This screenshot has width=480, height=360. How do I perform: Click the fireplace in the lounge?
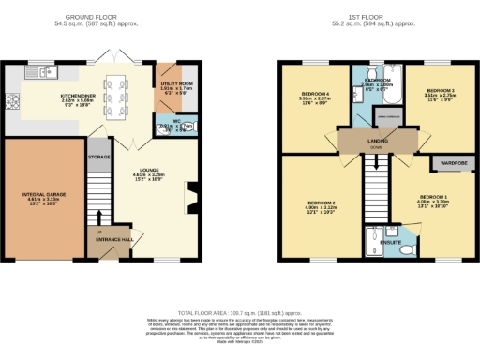point(194,195)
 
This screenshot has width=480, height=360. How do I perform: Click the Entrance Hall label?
point(114,241)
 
